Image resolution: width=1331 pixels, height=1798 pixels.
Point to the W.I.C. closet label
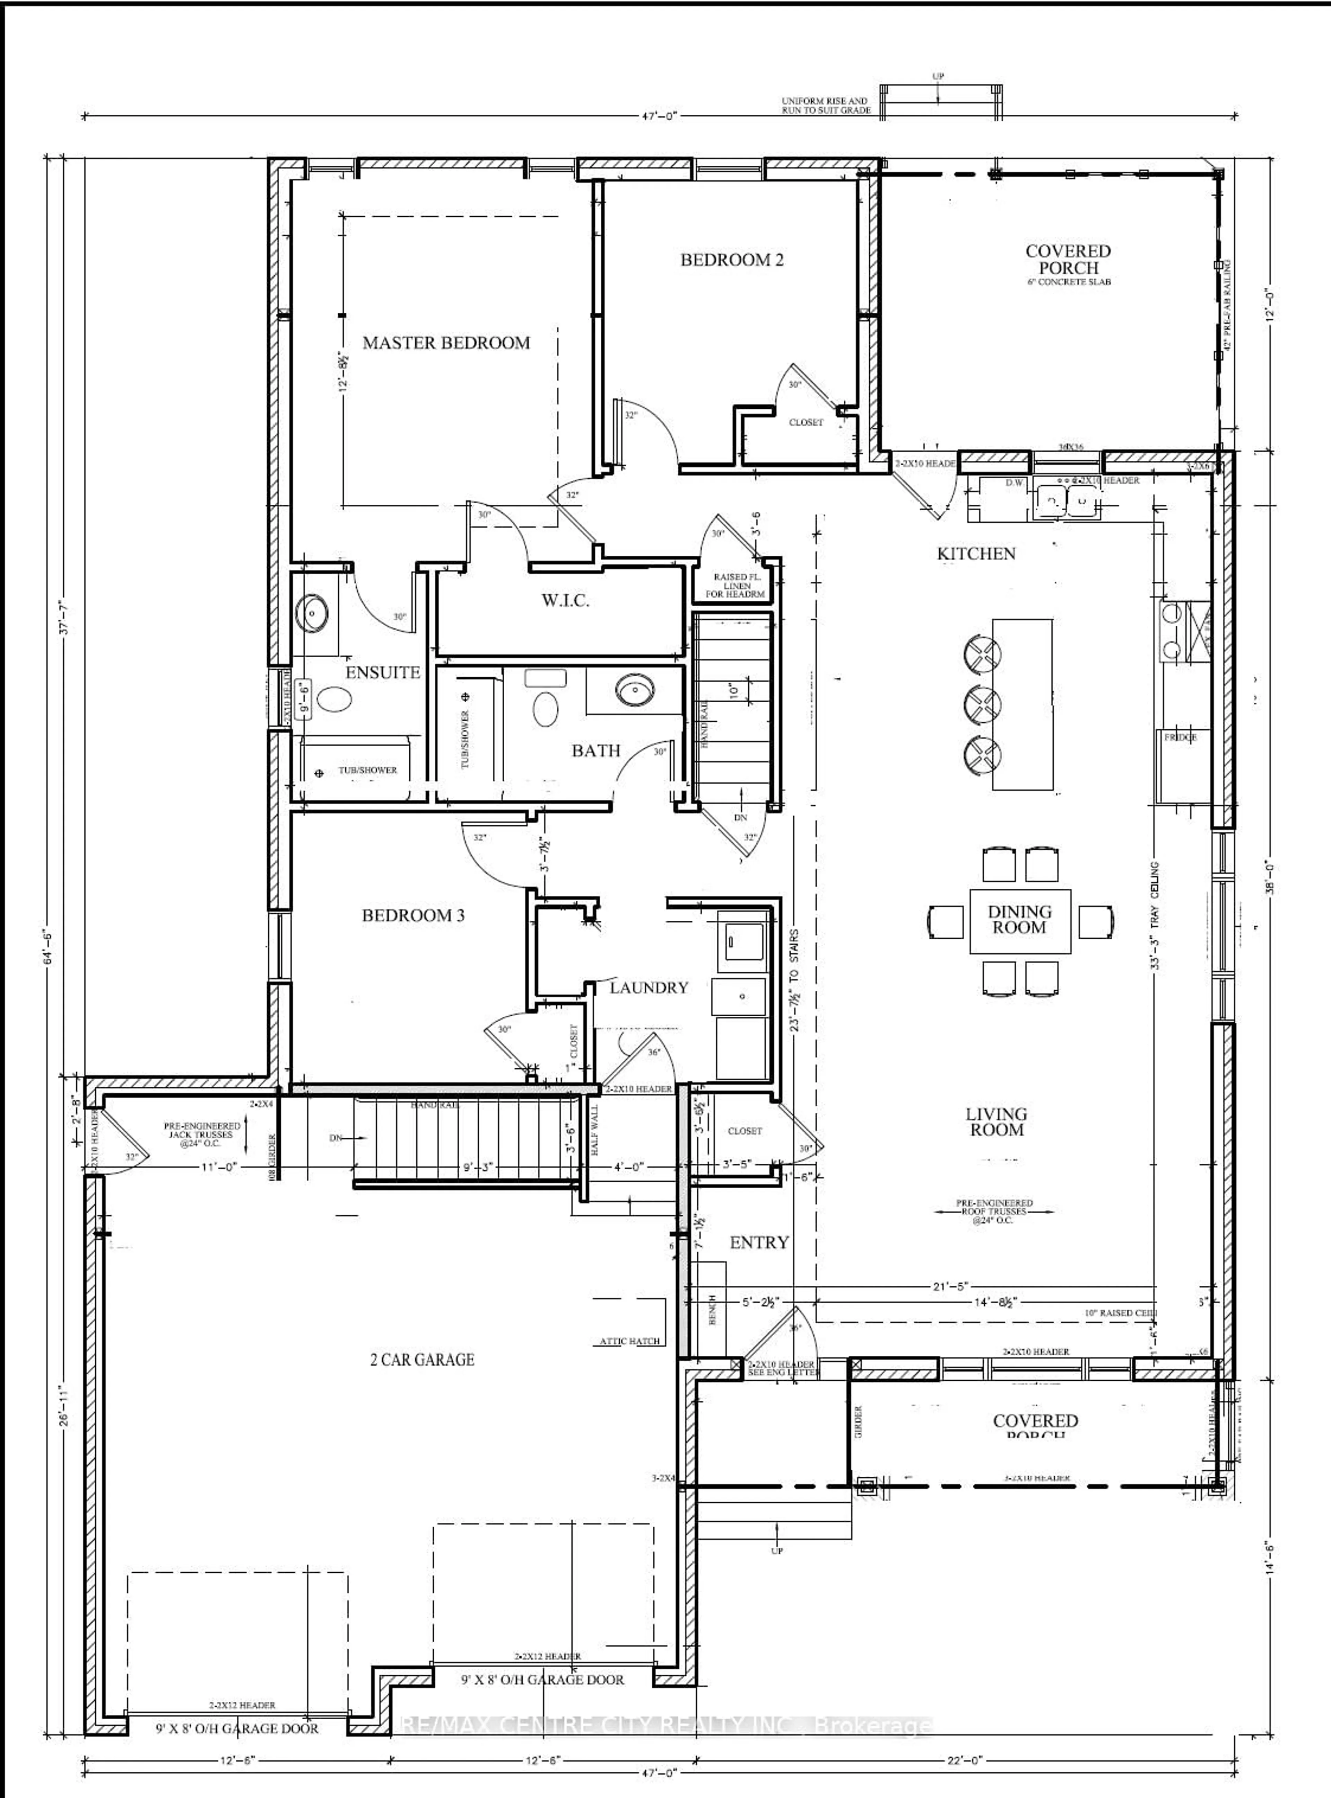[x=565, y=600]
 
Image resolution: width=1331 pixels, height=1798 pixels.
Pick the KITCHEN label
[x=976, y=554]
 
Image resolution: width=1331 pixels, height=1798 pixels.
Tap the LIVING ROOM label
[x=997, y=1121]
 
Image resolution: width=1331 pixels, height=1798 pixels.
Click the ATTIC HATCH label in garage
[x=629, y=1341]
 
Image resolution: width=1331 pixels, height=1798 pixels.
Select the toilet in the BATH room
[x=546, y=709]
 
